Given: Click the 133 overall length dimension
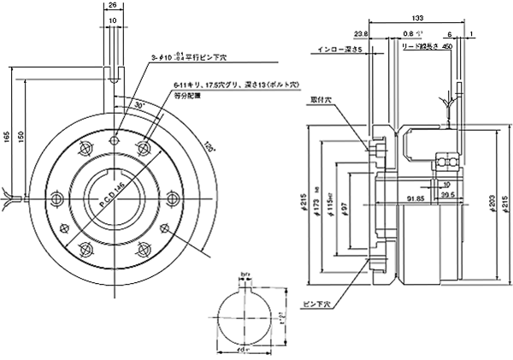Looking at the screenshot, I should (417, 16).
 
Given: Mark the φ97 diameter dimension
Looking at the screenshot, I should (343, 207).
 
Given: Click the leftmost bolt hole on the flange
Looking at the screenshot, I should (57, 198).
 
